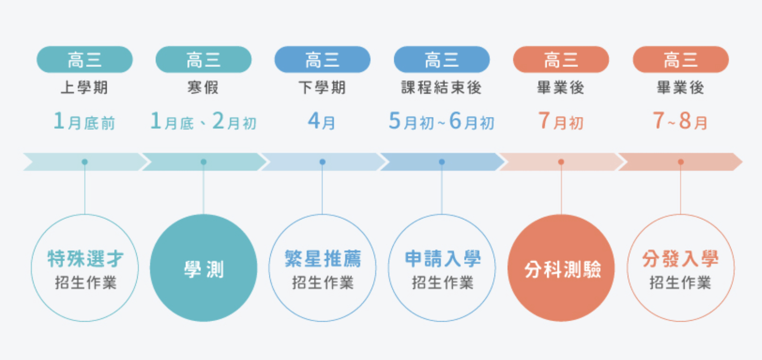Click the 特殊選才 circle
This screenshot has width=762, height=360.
tap(85, 268)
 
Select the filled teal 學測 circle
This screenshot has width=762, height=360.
tap(204, 268)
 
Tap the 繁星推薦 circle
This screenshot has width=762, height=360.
tap(322, 268)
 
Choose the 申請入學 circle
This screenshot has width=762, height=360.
tap(442, 268)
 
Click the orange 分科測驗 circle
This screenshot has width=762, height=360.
tap(561, 268)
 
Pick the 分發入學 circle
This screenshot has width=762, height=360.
tap(680, 268)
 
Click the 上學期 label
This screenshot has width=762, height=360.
tap(85, 88)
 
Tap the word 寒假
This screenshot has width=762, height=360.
tap(204, 88)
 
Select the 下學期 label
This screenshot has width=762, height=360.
tap(322, 88)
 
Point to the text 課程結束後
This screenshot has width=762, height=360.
tap(441, 88)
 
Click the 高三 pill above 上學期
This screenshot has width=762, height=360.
tap(85, 60)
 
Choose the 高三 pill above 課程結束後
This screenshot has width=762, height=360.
tap(441, 60)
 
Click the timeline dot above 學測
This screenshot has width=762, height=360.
tap(204, 162)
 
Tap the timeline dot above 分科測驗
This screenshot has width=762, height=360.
tap(561, 162)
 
